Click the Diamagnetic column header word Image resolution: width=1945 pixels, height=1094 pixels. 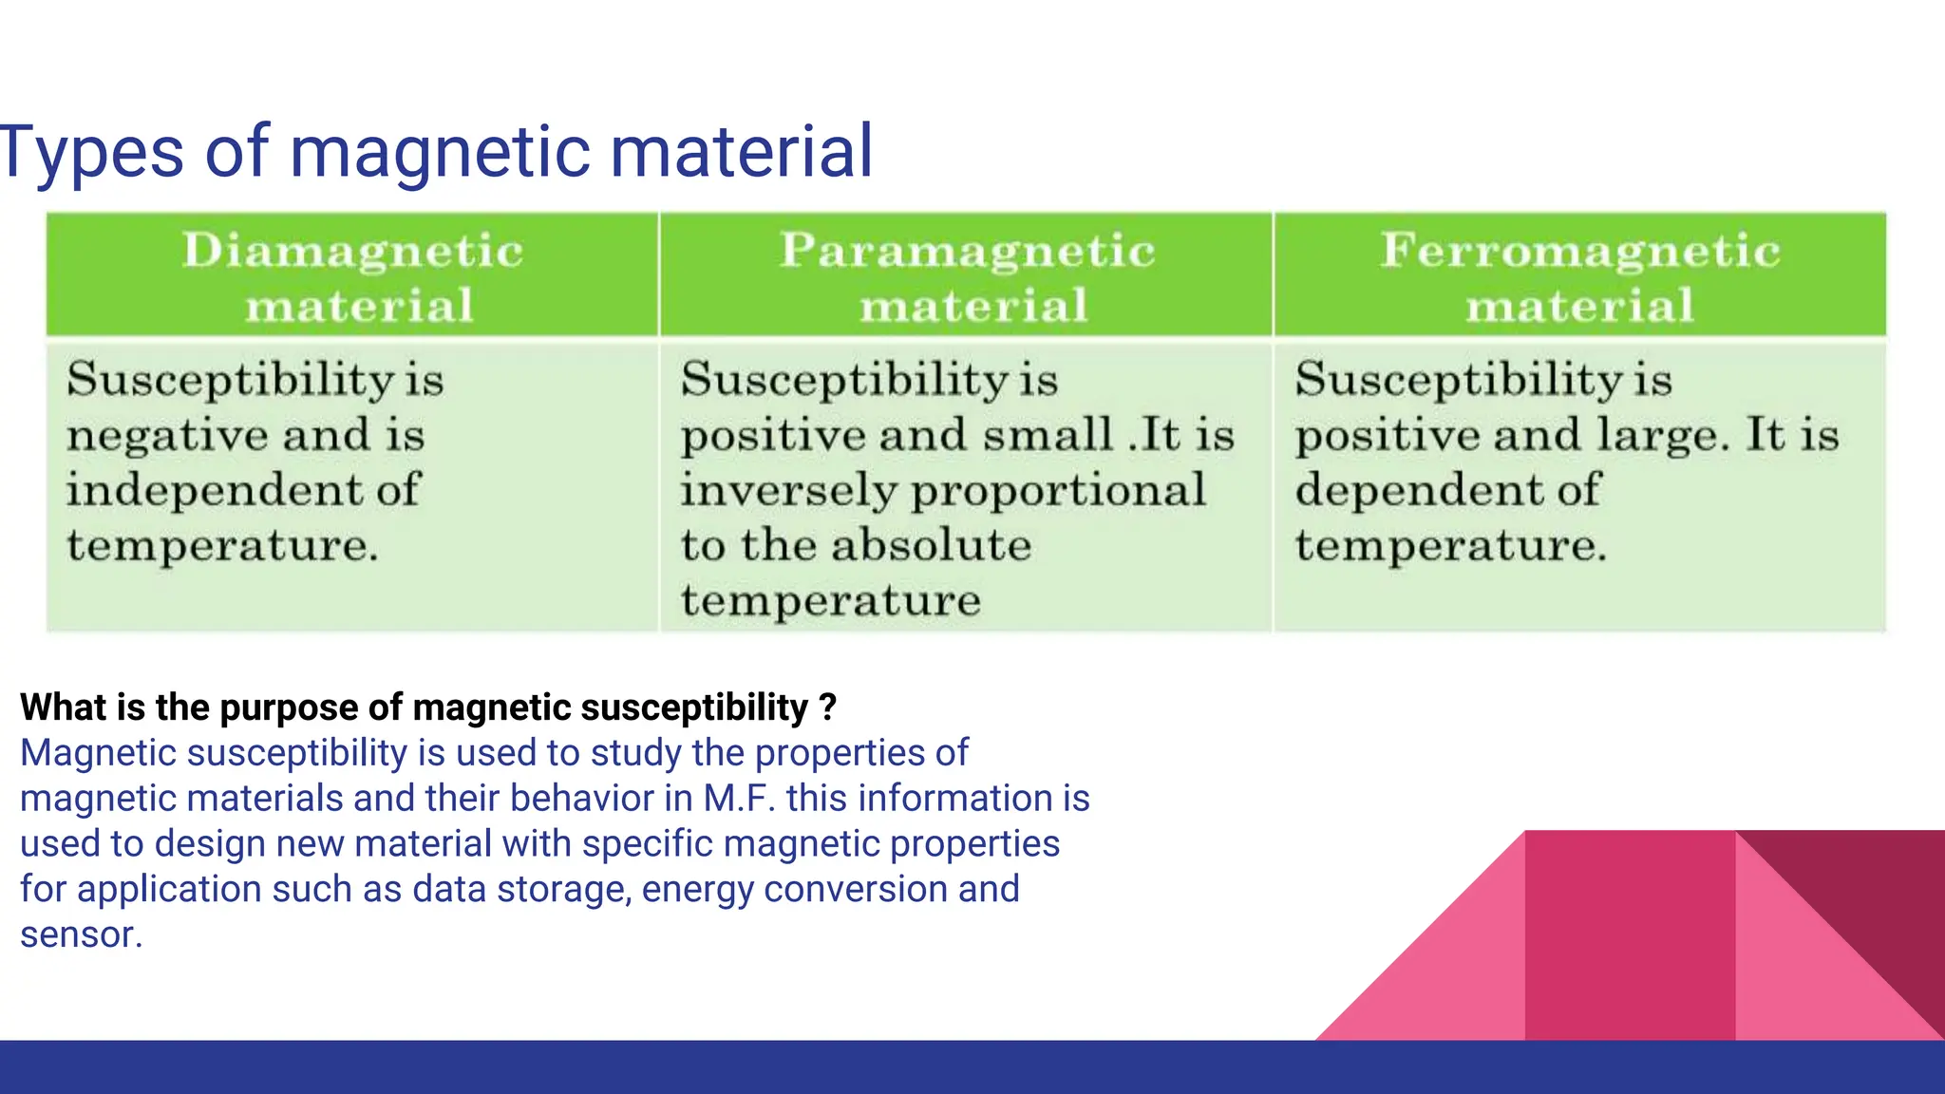click(352, 252)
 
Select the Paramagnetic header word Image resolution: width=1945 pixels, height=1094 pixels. click(967, 252)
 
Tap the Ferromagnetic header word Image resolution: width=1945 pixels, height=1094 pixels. click(1580, 252)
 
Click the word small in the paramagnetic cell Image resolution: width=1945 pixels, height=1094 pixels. click(1048, 435)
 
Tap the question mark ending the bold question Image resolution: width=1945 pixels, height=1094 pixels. click(827, 707)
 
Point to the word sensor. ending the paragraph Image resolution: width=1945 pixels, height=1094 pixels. click(81, 935)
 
